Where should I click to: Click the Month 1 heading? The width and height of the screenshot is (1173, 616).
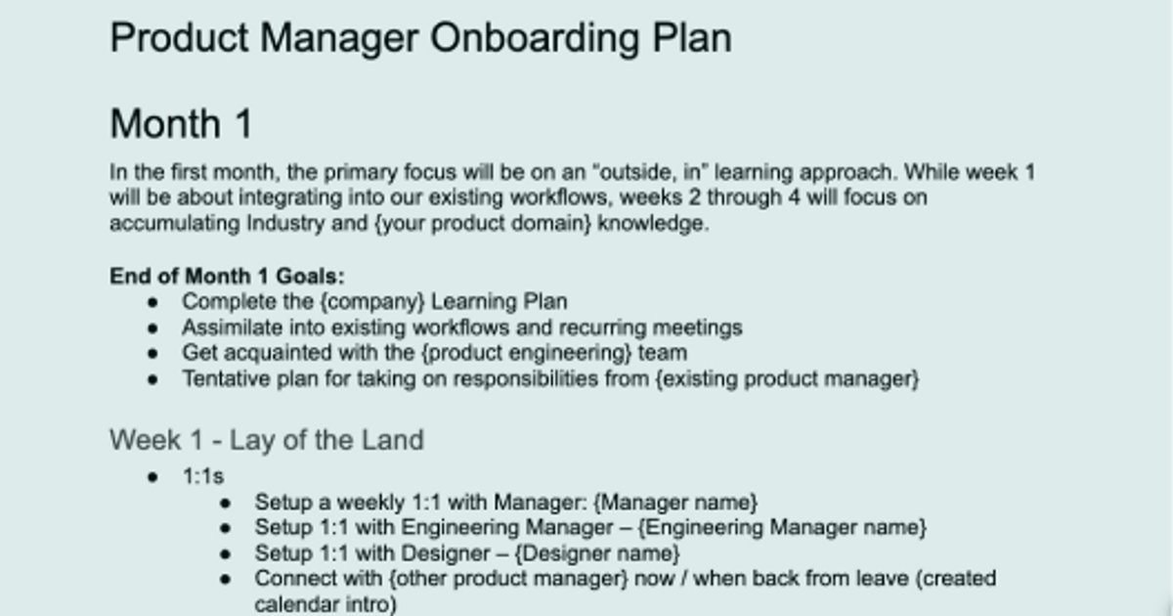coord(181,124)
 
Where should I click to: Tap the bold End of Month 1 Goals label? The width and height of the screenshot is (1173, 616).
coord(227,276)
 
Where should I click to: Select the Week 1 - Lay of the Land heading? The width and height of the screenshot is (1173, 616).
coord(266,440)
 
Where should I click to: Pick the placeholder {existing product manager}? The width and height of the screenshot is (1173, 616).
coord(788,378)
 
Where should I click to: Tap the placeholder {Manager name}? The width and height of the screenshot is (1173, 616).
coord(675,503)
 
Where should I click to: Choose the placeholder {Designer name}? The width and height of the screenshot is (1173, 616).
coord(597,553)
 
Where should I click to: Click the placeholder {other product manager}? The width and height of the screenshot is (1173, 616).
coord(508,579)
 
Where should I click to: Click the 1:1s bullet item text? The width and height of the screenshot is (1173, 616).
coord(203,477)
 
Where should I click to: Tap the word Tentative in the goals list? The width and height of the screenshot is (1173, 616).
coord(220,378)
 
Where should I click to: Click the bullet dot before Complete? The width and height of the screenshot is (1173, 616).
coord(152,302)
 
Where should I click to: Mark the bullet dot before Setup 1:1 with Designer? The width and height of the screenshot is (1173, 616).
coord(226,554)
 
